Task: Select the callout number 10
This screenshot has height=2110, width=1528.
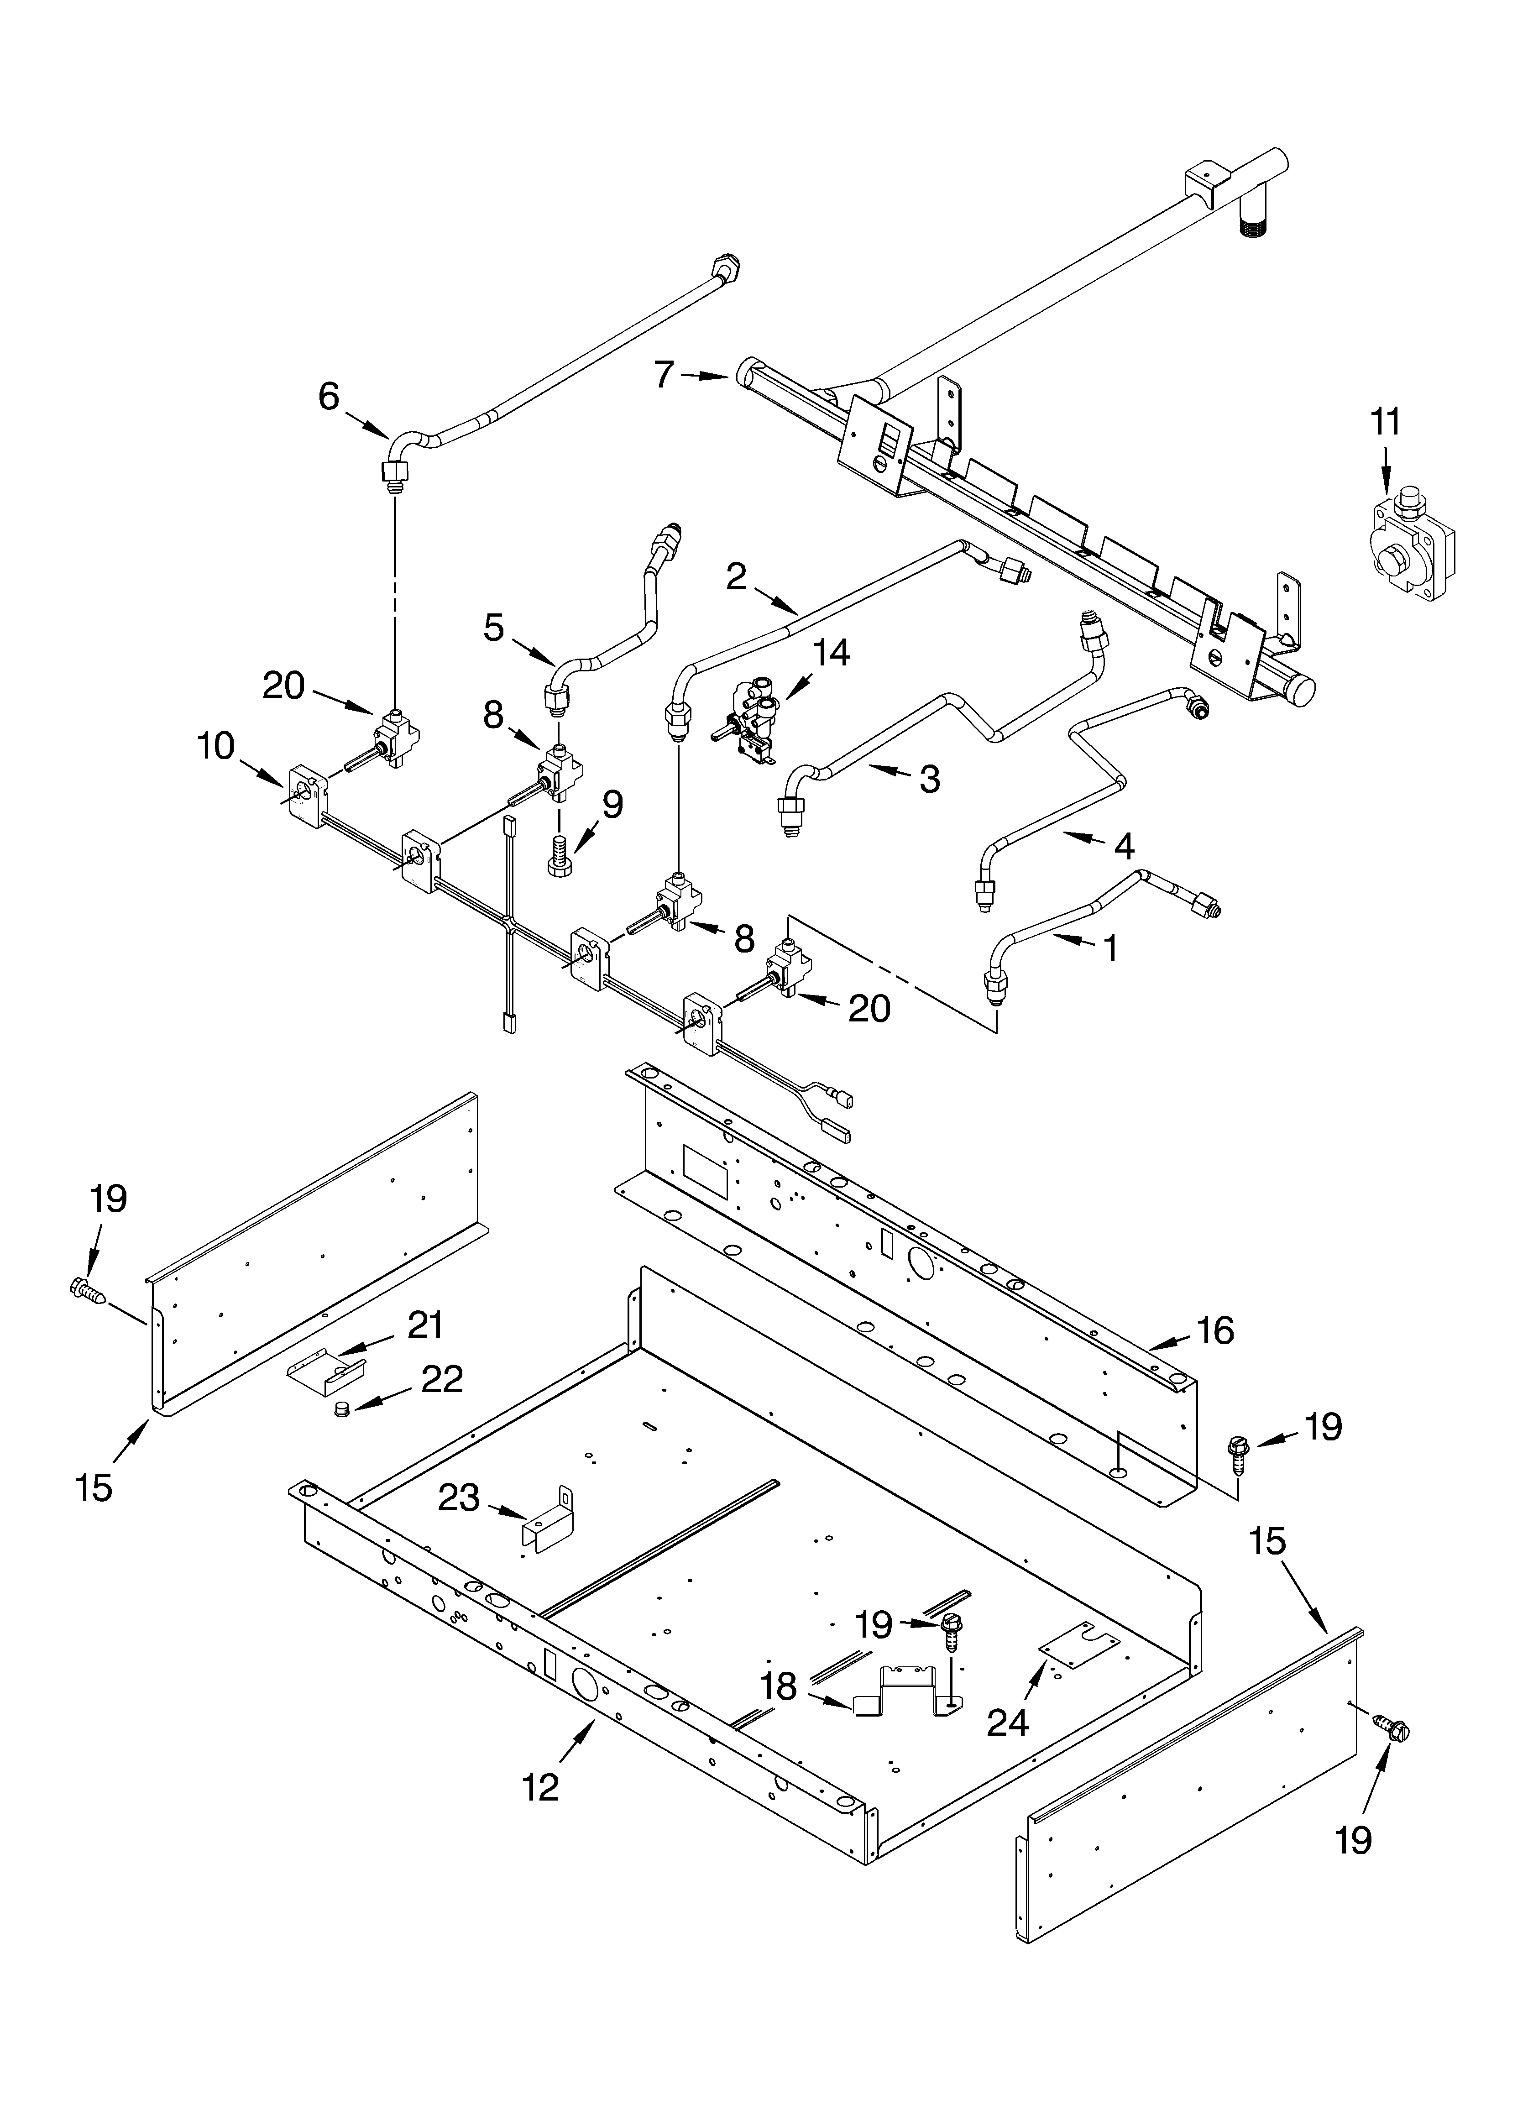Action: click(x=216, y=746)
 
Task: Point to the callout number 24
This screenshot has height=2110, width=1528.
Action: click(x=1008, y=1723)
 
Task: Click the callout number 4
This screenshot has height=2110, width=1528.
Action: click(x=1124, y=846)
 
